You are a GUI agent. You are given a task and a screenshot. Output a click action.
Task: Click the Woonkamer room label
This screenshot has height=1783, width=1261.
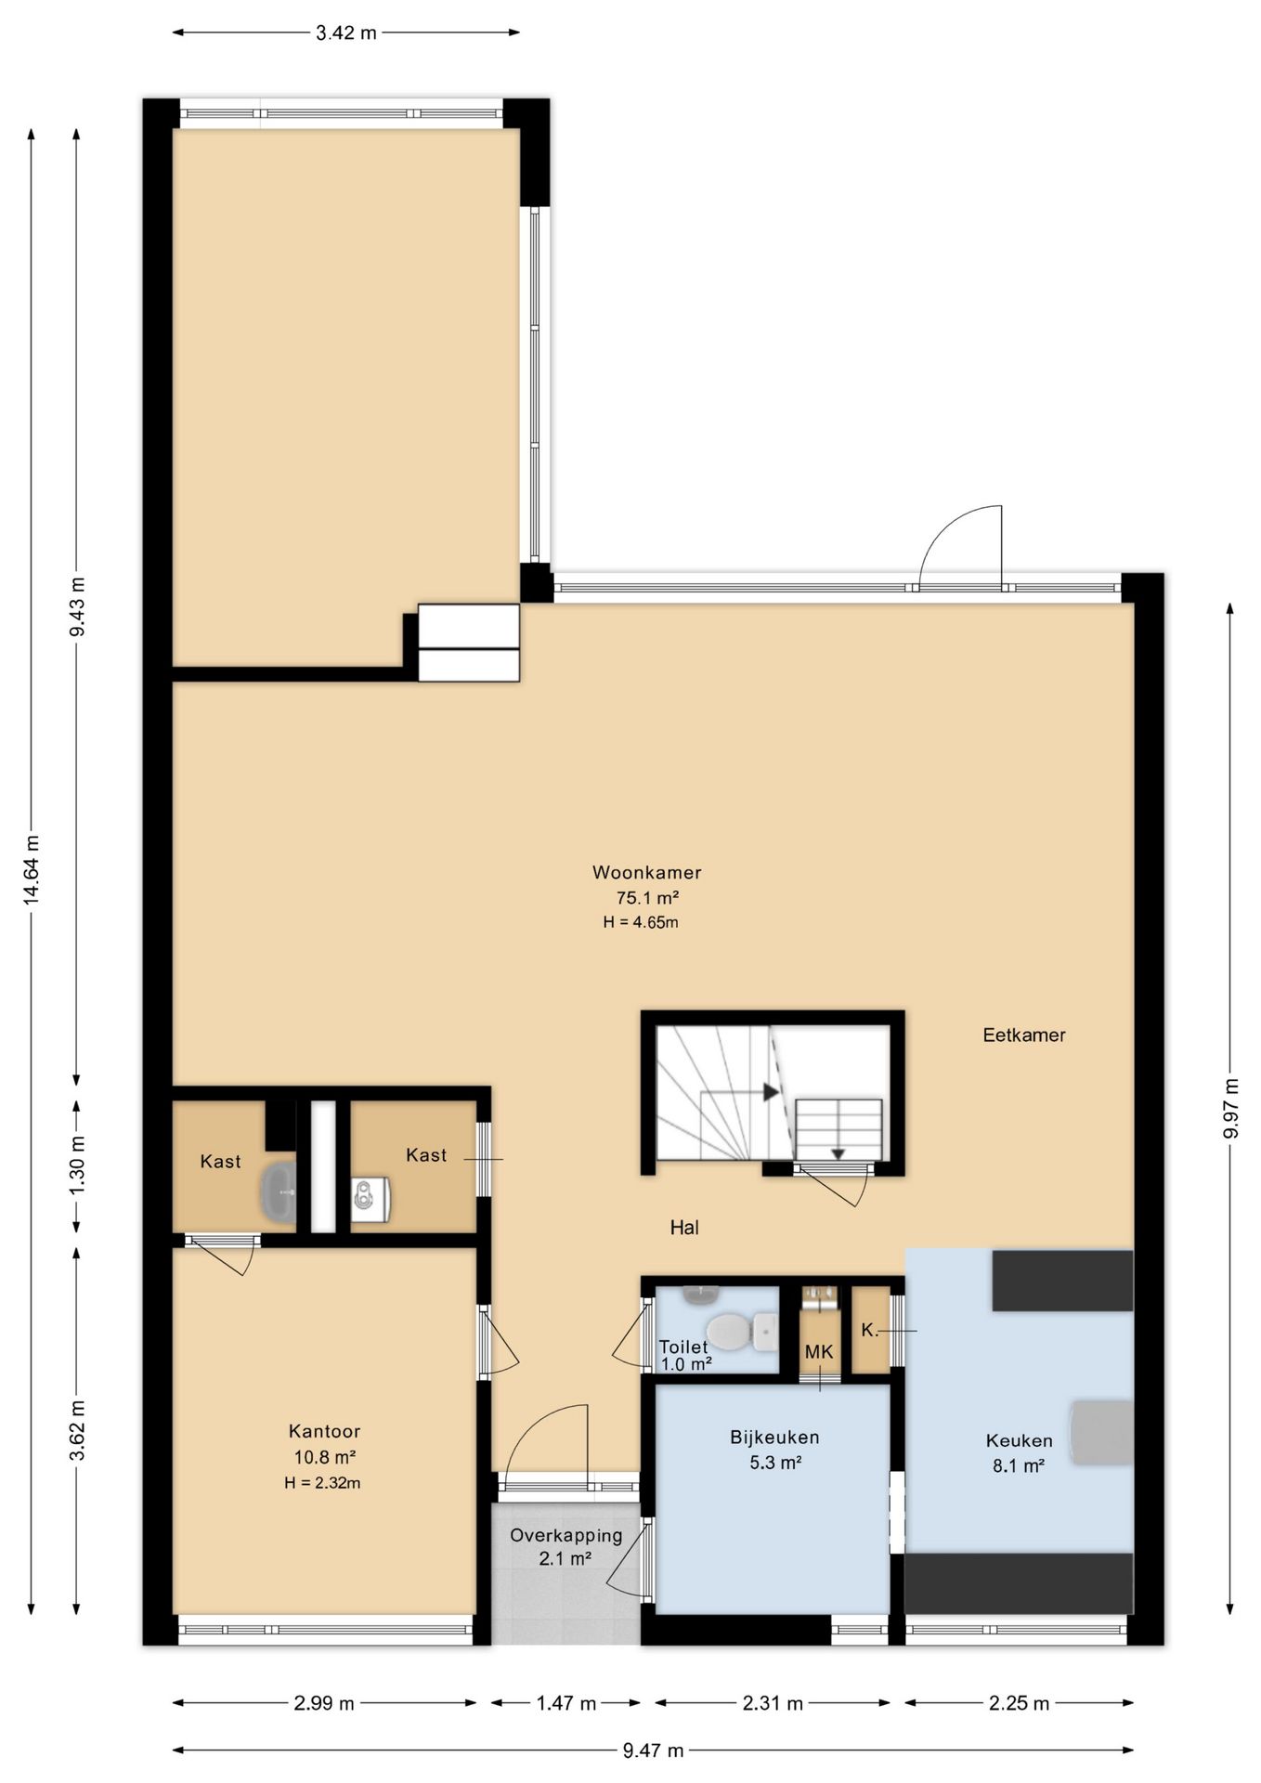click(x=646, y=873)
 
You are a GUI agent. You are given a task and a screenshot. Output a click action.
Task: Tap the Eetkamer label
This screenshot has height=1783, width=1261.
click(x=1024, y=1035)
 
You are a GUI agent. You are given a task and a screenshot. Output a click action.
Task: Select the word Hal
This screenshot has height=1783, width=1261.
click(x=684, y=1228)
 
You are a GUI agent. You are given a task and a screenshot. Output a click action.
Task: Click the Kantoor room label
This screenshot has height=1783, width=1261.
click(x=324, y=1431)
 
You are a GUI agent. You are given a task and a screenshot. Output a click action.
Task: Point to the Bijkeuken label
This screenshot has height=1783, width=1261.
click(x=774, y=1438)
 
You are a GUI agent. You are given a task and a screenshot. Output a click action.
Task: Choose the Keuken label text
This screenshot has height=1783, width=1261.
click(x=1019, y=1441)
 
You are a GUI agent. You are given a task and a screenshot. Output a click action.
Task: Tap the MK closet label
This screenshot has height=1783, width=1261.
click(x=819, y=1352)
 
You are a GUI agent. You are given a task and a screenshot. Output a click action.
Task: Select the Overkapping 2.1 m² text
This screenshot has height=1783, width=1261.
click(x=565, y=1547)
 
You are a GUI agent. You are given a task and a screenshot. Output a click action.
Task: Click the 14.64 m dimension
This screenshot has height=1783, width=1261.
click(x=32, y=869)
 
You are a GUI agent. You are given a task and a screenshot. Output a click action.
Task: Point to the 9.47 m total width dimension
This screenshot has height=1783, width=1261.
click(x=653, y=1750)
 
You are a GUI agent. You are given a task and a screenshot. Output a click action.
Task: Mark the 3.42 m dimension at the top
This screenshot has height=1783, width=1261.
click(x=346, y=33)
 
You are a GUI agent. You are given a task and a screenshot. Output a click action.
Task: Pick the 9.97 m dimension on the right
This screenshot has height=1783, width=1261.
click(x=1231, y=1109)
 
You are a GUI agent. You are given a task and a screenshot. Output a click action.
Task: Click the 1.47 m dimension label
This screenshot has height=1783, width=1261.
click(x=565, y=1703)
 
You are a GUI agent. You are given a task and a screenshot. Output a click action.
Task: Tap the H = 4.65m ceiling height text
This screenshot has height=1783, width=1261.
click(x=641, y=923)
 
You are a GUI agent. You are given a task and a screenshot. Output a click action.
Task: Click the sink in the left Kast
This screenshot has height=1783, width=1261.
click(x=278, y=1191)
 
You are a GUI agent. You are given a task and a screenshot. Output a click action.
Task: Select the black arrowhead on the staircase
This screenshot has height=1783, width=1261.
click(x=771, y=1092)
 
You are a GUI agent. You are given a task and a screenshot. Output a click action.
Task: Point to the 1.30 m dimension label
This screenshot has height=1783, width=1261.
click(x=77, y=1167)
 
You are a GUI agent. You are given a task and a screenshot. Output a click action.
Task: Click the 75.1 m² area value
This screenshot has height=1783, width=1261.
click(x=647, y=898)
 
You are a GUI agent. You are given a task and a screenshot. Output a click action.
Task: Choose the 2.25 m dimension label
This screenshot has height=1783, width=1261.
click(x=1019, y=1703)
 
